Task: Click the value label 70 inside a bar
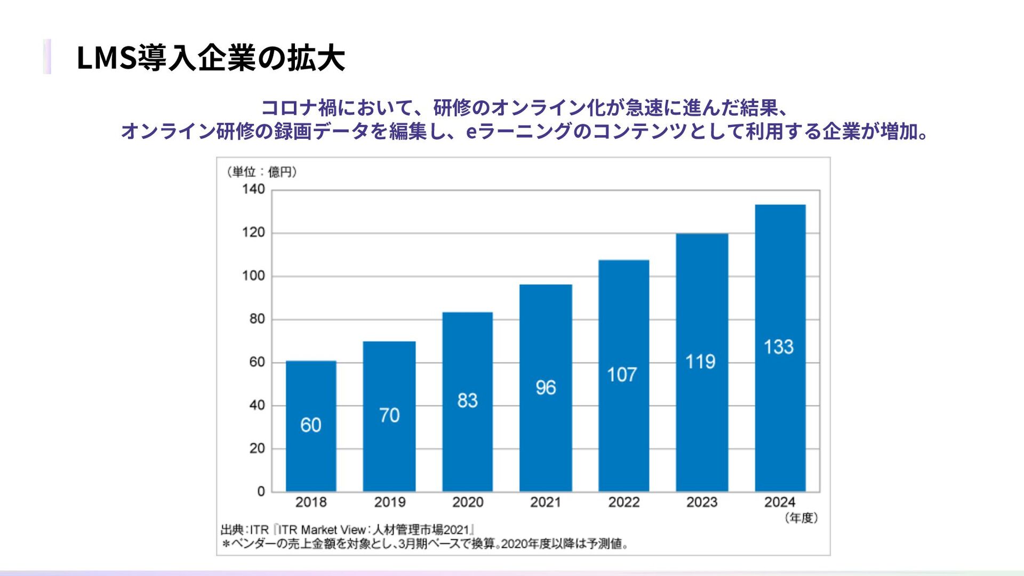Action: tap(389, 415)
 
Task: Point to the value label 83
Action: tap(467, 401)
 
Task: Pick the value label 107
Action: tap(622, 375)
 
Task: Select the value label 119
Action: tap(700, 362)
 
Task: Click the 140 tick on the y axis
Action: tap(253, 189)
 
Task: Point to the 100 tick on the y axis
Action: tap(253, 276)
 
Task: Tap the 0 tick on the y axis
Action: tap(261, 491)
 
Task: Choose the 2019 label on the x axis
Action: tap(389, 502)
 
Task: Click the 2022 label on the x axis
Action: tap(623, 502)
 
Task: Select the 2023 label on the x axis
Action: tap(701, 502)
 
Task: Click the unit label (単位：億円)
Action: tap(261, 172)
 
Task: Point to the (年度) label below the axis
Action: tap(801, 518)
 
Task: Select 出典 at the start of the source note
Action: tap(233, 530)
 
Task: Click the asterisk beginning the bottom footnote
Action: tap(226, 545)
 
